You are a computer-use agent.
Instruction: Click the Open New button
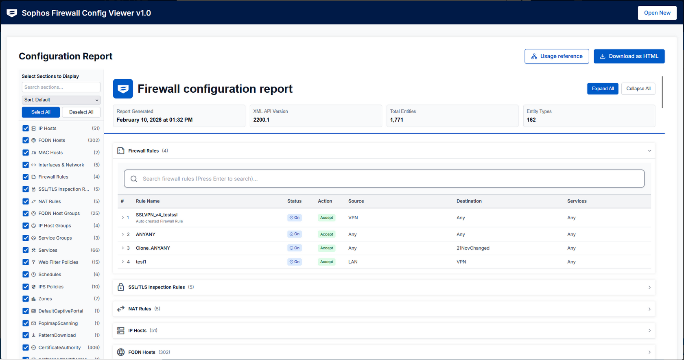(657, 13)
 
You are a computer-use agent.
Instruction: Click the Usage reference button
(557, 56)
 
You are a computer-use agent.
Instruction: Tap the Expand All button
(603, 89)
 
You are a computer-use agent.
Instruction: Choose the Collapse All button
(638, 89)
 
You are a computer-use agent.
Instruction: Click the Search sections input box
(61, 87)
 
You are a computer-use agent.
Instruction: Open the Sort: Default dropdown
(61, 100)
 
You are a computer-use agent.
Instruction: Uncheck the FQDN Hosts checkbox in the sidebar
(26, 140)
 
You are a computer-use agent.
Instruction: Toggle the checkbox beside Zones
(26, 299)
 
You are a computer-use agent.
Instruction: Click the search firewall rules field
(384, 179)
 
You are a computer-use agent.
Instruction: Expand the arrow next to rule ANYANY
(123, 234)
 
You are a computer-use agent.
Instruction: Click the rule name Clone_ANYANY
(153, 248)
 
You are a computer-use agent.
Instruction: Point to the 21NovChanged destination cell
(473, 248)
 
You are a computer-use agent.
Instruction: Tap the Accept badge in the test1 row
(326, 262)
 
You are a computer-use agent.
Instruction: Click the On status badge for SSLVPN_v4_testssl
(294, 218)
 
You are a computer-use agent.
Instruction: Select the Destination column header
(469, 201)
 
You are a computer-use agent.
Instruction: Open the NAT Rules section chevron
(649, 309)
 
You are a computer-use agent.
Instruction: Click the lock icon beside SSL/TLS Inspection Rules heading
(120, 287)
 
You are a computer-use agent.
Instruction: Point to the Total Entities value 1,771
(396, 120)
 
